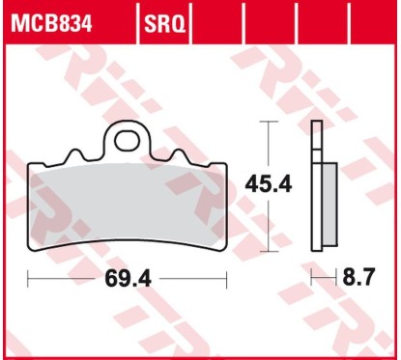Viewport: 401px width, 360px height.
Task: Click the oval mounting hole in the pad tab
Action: tap(128, 141)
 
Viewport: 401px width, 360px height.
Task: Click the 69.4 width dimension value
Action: tap(127, 280)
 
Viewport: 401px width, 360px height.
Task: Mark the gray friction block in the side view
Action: tap(328, 203)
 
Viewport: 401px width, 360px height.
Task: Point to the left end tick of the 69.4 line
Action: tap(28, 280)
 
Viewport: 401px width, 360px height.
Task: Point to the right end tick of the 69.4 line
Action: tap(226, 280)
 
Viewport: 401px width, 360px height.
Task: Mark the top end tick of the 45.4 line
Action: tap(270, 123)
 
